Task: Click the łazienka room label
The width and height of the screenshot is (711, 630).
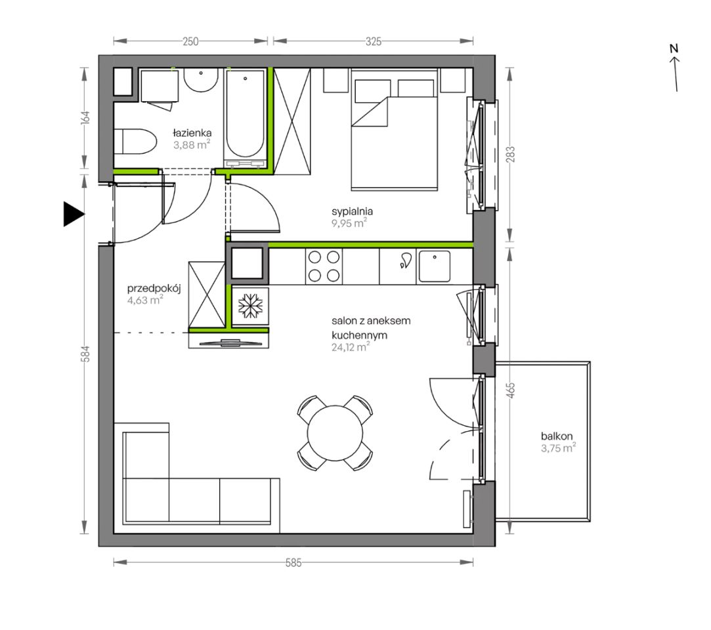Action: click(192, 133)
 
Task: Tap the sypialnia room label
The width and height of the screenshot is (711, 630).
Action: click(353, 211)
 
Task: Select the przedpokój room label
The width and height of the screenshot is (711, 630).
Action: click(154, 289)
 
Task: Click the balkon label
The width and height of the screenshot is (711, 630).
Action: click(557, 436)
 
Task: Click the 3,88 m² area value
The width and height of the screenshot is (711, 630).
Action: click(192, 145)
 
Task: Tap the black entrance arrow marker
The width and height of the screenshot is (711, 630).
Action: click(74, 214)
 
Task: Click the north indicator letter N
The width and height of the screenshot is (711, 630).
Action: click(674, 48)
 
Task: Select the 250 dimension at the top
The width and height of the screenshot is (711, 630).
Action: click(190, 41)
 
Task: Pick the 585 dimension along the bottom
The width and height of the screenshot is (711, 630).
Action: click(293, 562)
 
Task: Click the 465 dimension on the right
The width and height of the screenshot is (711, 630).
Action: click(510, 390)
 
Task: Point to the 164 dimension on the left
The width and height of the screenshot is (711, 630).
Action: click(85, 117)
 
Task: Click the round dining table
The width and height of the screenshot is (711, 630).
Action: click(335, 433)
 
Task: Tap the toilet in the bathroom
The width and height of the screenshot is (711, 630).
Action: click(135, 141)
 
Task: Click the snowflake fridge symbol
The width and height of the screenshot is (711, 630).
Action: click(250, 305)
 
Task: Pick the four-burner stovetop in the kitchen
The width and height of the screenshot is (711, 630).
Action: click(324, 266)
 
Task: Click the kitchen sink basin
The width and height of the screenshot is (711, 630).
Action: click(435, 266)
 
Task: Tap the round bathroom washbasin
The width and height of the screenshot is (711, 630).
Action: click(201, 80)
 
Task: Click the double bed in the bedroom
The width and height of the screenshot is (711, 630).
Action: click(394, 129)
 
